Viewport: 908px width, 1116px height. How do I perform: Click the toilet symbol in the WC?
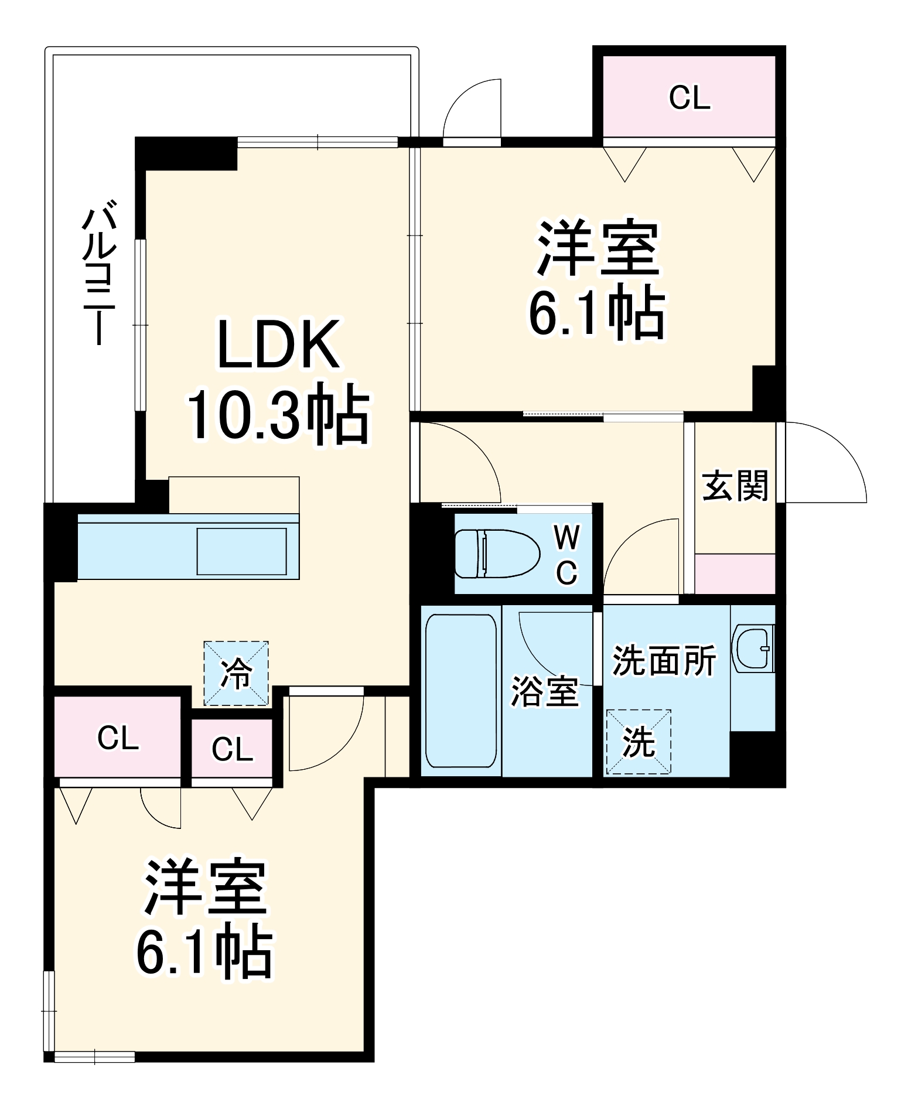[x=497, y=554]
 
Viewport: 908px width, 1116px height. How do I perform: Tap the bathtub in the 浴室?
[x=460, y=690]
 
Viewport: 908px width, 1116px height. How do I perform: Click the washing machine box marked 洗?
[x=638, y=742]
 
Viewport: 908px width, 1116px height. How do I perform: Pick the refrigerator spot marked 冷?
[x=236, y=673]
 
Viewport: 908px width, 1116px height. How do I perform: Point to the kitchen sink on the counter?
[x=241, y=551]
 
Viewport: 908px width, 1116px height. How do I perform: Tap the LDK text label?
[x=279, y=346]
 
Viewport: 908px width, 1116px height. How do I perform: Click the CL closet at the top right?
[x=689, y=97]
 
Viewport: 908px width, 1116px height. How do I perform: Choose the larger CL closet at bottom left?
[x=118, y=738]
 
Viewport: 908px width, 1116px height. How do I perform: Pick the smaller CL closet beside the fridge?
[x=232, y=749]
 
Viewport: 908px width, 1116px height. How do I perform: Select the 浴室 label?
[x=545, y=691]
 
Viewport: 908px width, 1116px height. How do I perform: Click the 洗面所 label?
[x=664, y=661]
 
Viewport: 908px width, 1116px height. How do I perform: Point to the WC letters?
[x=566, y=554]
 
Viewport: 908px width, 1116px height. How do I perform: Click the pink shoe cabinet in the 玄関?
[x=735, y=574]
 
